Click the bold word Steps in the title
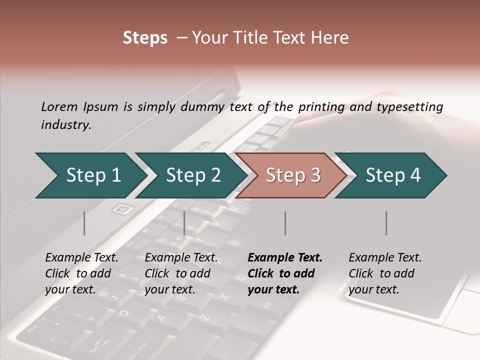[145, 38]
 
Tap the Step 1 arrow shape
[90, 175]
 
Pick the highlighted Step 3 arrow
[292, 175]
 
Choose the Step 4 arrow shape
[393, 175]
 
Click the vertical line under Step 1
[84, 223]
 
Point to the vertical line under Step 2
[184, 223]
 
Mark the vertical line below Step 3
[285, 223]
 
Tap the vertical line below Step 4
[386, 223]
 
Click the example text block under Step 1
[81, 273]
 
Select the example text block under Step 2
[181, 273]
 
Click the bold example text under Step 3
[285, 273]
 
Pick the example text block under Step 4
[385, 273]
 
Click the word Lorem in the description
[59, 106]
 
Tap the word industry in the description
[66, 125]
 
